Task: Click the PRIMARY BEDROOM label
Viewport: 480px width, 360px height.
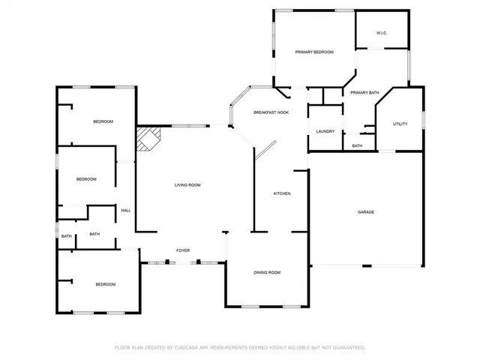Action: pos(313,52)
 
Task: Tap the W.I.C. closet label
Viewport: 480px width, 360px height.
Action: pos(381,33)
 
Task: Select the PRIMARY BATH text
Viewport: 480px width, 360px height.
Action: pos(364,92)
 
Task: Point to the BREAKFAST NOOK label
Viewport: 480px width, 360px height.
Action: pos(271,112)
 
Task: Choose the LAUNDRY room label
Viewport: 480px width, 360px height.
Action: pos(325,131)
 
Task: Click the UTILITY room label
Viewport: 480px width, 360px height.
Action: pos(400,124)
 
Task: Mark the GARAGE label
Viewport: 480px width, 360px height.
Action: pos(365,212)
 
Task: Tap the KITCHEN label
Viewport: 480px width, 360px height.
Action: pos(281,193)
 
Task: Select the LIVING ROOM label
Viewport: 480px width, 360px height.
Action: pos(187,184)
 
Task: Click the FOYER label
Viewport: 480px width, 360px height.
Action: pos(182,250)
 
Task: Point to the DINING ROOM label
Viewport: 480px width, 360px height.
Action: pos(266,272)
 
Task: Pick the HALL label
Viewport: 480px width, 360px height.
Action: pos(126,210)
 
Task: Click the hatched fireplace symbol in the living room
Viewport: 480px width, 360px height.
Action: pos(148,138)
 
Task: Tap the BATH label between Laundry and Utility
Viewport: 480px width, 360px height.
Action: pos(357,145)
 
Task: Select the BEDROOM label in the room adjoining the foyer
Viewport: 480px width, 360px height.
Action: pos(105,284)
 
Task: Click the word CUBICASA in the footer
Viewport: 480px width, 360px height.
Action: pos(184,348)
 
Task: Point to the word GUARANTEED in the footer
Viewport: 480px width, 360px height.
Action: pos(348,348)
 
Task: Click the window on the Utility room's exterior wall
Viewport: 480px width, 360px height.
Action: pos(424,120)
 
